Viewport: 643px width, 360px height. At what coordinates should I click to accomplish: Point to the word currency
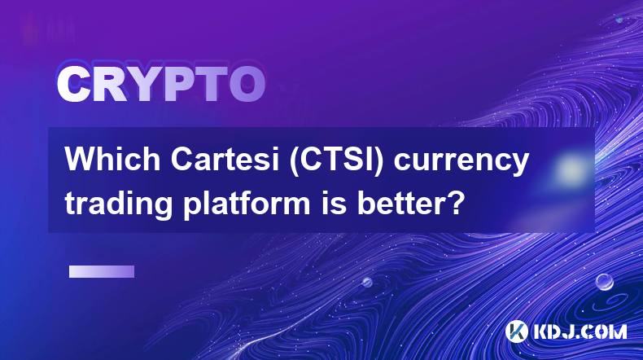coord(461,164)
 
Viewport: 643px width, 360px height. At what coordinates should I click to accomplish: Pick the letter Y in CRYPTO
coord(143,85)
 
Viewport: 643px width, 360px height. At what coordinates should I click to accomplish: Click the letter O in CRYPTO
coord(247,85)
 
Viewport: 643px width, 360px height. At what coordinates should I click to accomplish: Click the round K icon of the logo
coord(516,331)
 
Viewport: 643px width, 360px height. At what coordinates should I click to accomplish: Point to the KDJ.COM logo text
coord(580,331)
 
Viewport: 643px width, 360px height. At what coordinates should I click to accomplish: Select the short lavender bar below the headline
coord(102,271)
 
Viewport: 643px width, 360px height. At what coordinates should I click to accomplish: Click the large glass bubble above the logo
coord(604,282)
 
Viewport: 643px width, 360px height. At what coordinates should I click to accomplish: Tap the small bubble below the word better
coord(366,282)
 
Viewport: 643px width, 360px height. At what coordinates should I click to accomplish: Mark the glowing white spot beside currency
coord(571,169)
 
